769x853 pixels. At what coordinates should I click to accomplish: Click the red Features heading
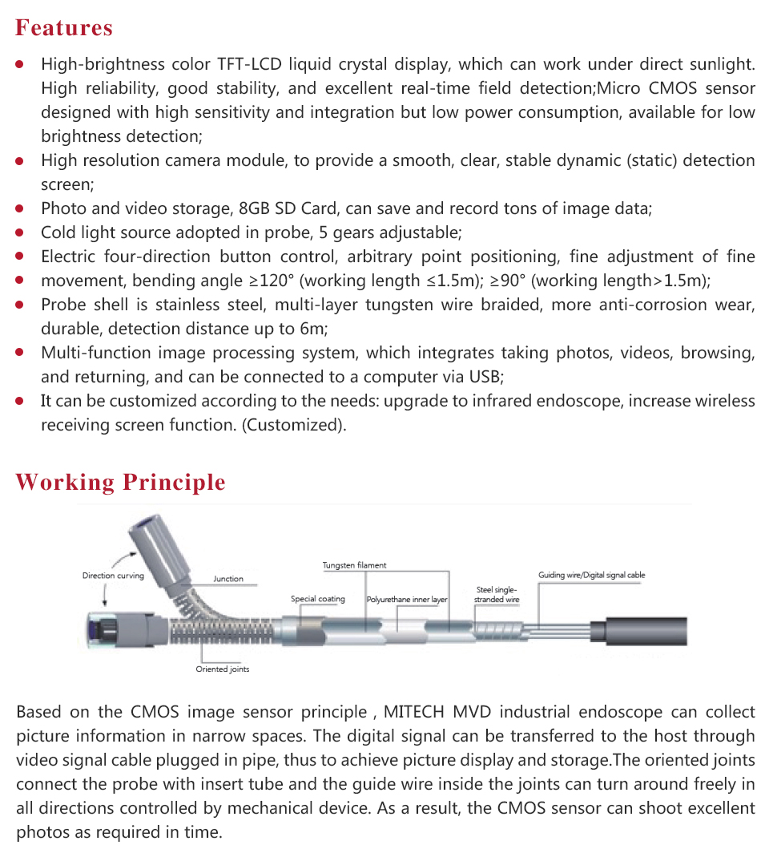[64, 28]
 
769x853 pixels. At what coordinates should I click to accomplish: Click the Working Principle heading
[120, 483]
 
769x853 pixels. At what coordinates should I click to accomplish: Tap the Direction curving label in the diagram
[113, 576]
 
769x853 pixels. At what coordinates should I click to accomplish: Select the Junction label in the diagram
[228, 579]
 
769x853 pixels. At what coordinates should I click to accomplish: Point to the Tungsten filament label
[354, 565]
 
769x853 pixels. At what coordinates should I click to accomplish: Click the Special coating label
[318, 599]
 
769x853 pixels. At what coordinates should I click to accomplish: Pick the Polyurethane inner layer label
[407, 600]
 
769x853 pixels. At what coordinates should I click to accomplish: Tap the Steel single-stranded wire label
[497, 595]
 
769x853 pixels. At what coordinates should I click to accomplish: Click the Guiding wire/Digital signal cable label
[591, 575]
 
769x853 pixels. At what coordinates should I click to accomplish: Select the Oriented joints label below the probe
[223, 669]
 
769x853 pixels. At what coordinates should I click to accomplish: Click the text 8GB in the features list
[256, 209]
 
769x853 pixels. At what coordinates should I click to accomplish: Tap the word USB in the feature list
[485, 377]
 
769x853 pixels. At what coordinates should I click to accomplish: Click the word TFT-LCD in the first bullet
[252, 64]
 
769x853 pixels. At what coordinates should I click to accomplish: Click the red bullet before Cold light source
[21, 233]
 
